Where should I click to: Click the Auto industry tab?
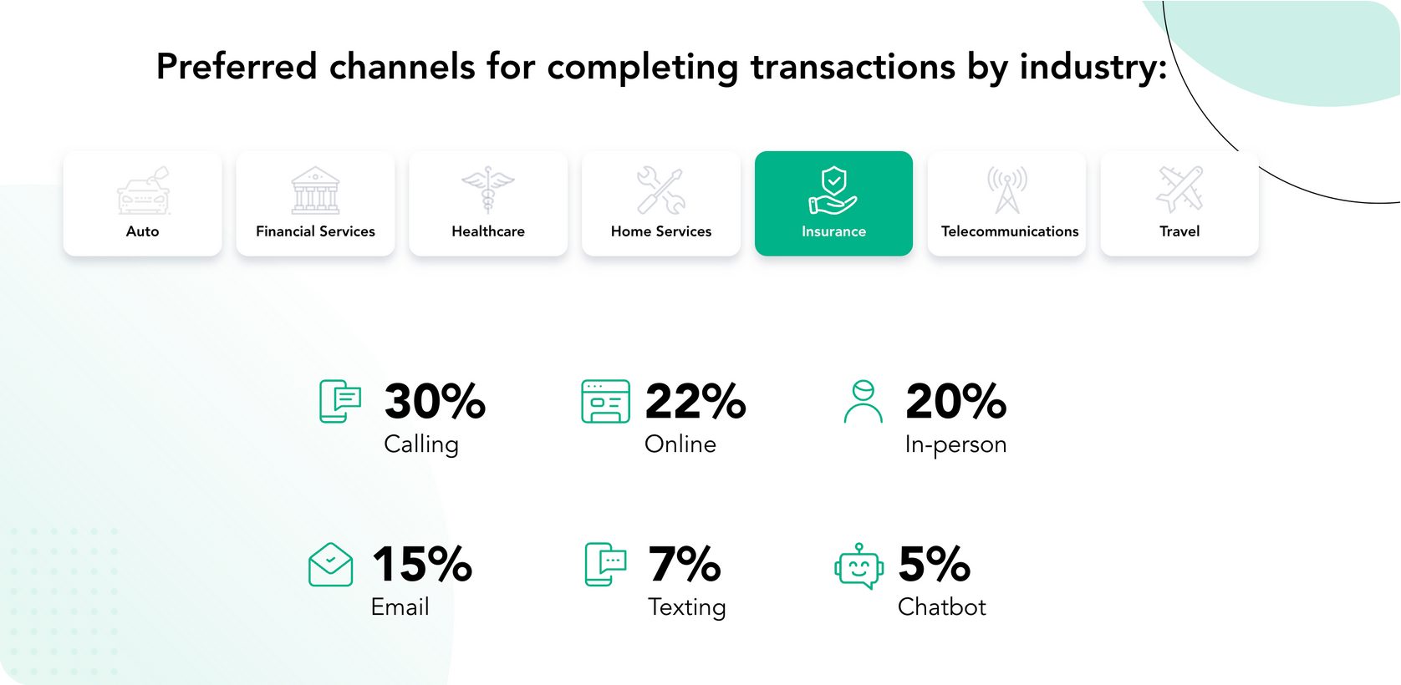tap(143, 203)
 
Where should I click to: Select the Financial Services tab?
tap(315, 203)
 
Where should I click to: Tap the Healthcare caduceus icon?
tap(488, 190)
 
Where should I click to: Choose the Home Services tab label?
tap(661, 231)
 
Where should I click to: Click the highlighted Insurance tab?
tap(833, 203)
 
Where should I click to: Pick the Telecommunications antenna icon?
tap(1007, 190)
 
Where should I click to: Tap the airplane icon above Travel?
tap(1179, 190)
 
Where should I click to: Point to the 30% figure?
tap(435, 401)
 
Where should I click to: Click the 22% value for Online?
tap(695, 401)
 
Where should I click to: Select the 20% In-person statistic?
tap(955, 401)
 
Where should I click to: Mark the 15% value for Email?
tap(422, 564)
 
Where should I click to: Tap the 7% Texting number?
tap(685, 564)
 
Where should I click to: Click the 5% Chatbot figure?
tap(935, 564)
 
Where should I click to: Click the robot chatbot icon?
tap(858, 566)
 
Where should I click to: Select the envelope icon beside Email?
tap(331, 565)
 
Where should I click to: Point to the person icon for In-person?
tap(864, 401)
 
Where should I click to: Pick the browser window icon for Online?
tap(605, 401)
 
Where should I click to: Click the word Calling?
tap(421, 445)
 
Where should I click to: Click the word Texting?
tap(687, 607)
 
